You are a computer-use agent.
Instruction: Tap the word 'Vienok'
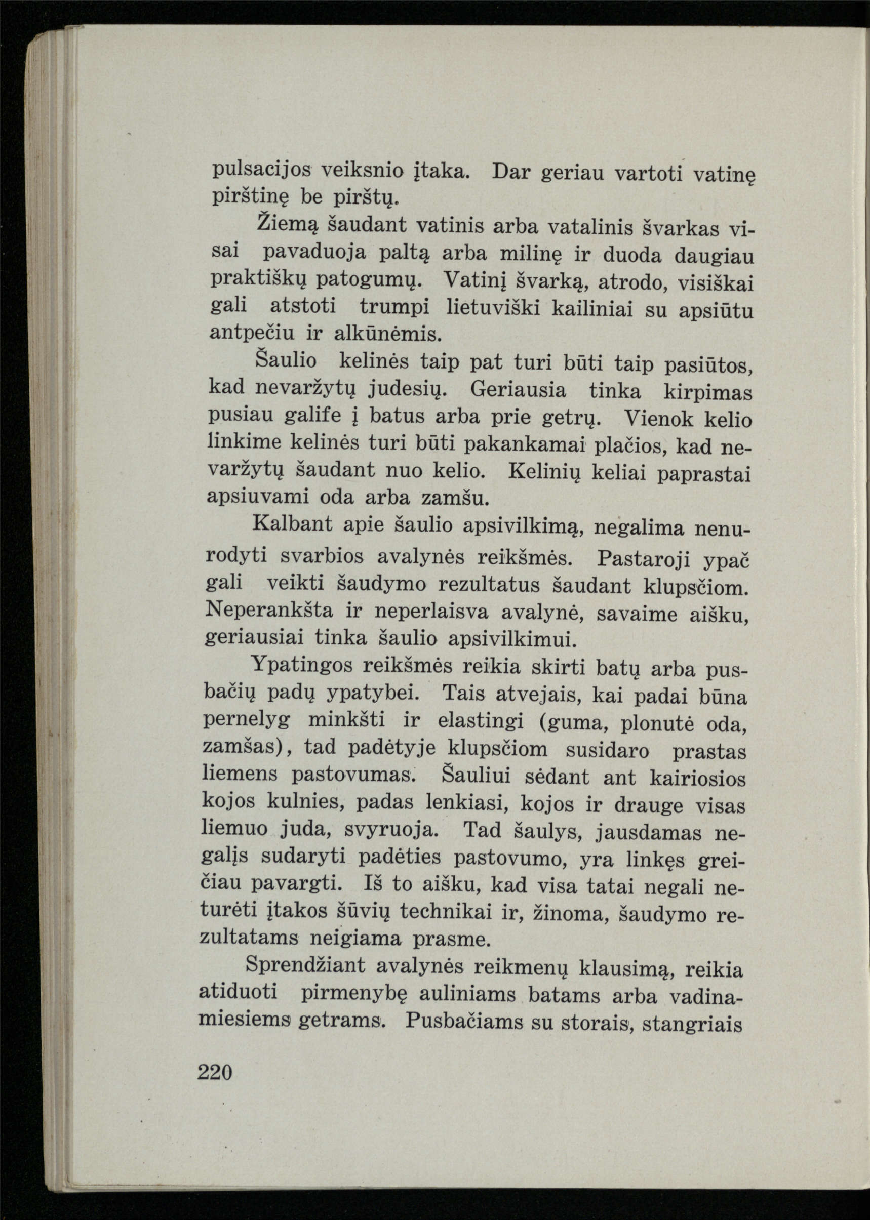coord(657,418)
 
